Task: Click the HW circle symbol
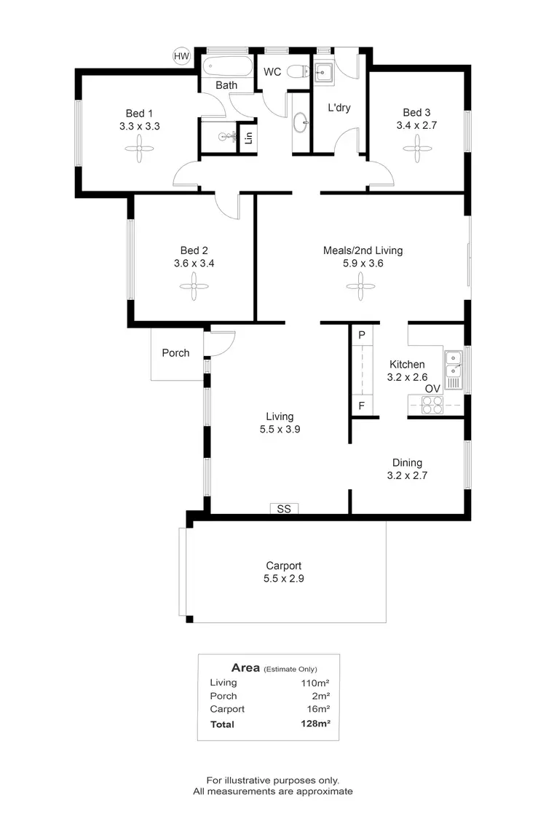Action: (x=181, y=55)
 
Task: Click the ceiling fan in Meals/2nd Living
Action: (x=363, y=288)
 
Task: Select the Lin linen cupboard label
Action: (x=248, y=138)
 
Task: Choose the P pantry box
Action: (x=362, y=335)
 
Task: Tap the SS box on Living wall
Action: (x=284, y=509)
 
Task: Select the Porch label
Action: (x=175, y=353)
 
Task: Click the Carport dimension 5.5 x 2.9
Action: (x=283, y=579)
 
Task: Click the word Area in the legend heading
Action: (x=245, y=668)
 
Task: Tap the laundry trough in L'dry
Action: (x=325, y=72)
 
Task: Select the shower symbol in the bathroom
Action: (x=228, y=136)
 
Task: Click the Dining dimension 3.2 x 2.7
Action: (x=407, y=475)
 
